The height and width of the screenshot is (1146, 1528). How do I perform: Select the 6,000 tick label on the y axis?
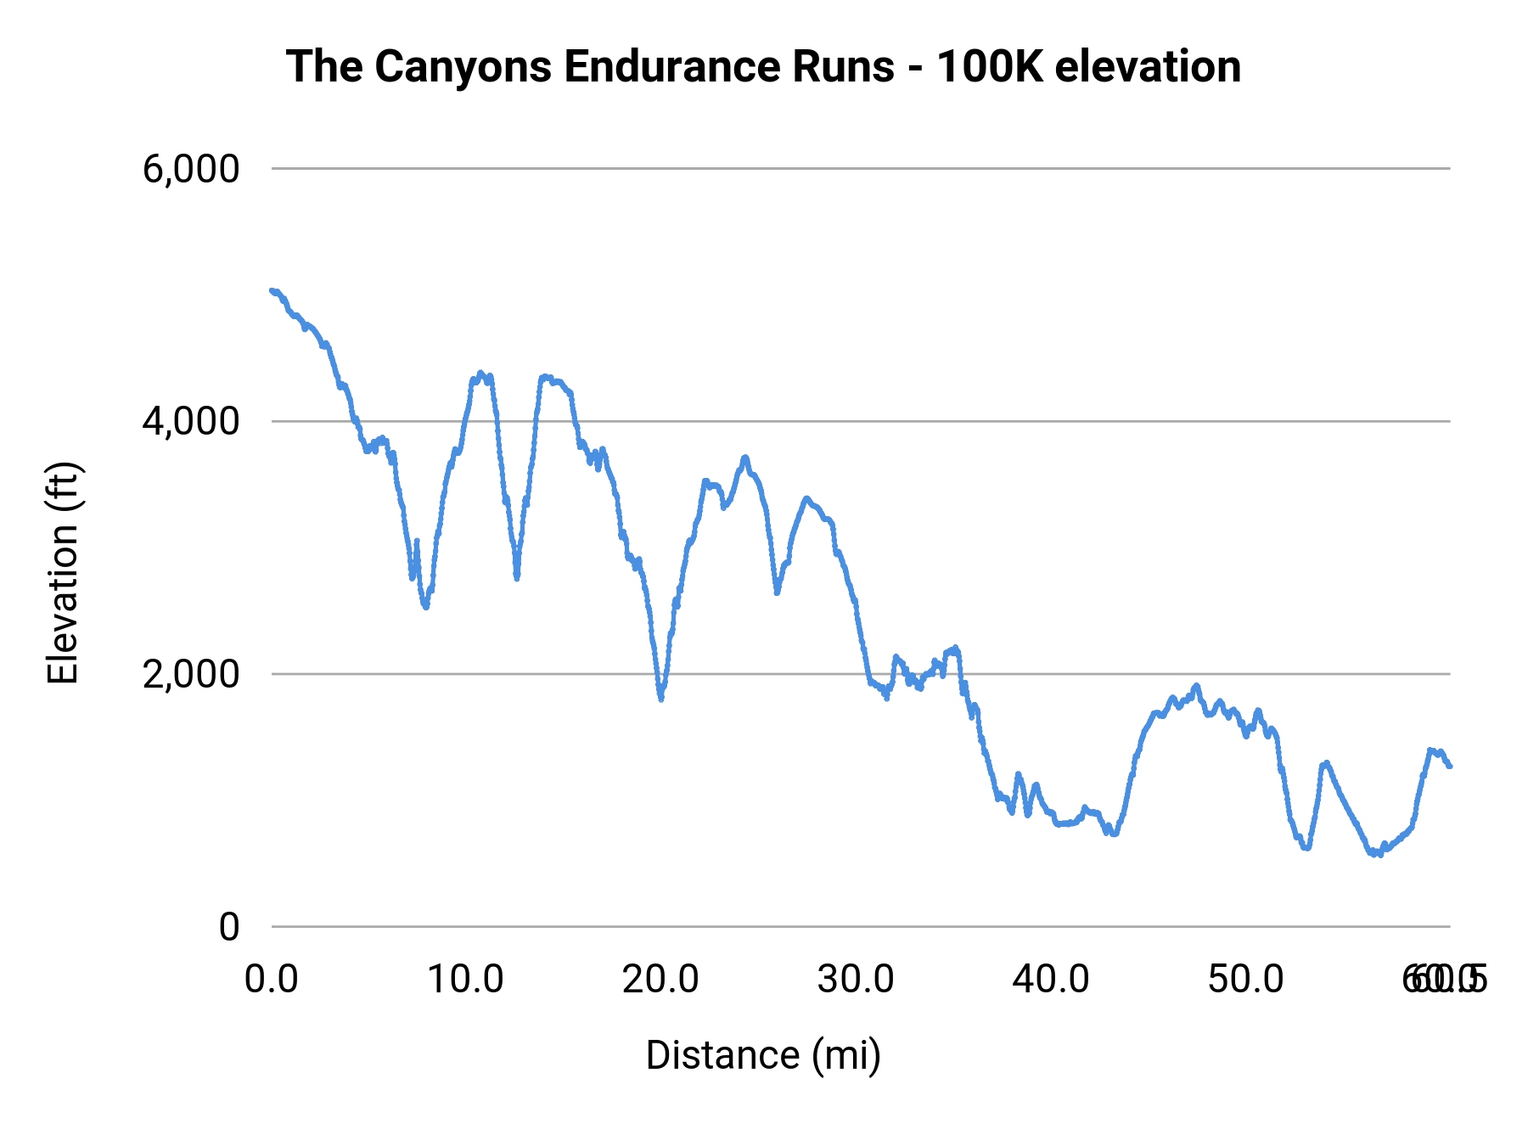click(x=191, y=169)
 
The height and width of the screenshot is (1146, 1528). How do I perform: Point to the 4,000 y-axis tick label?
click(x=191, y=421)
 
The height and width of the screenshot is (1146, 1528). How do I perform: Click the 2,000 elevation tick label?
click(x=191, y=674)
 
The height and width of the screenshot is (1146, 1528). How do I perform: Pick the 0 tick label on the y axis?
click(x=228, y=927)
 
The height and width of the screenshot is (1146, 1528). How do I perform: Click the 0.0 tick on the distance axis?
click(x=271, y=980)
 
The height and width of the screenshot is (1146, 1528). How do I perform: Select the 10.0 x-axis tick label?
click(x=465, y=980)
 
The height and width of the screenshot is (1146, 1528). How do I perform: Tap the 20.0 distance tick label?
click(x=660, y=980)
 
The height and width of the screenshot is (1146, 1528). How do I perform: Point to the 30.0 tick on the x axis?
click(x=856, y=980)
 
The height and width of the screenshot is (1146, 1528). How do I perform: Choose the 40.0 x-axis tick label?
click(x=1051, y=980)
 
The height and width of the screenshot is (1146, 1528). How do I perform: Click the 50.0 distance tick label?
click(x=1246, y=980)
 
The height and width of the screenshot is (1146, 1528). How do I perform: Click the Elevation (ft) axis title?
click(x=63, y=573)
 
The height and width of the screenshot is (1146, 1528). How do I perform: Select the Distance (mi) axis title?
click(x=763, y=1055)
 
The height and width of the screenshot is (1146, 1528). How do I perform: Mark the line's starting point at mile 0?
click(x=272, y=290)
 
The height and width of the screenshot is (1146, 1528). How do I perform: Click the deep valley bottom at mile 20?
click(x=660, y=698)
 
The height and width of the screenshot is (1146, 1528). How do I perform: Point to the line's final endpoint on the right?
click(x=1450, y=767)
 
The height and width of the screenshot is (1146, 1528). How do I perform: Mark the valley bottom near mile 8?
click(x=425, y=606)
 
